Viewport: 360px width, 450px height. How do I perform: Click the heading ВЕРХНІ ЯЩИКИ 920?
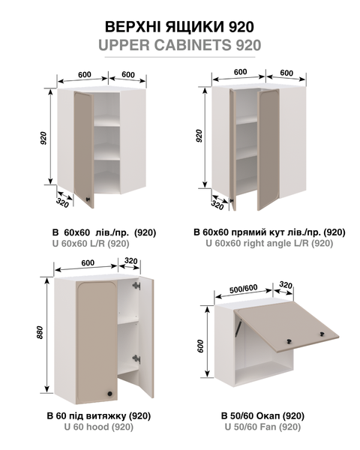coord(179,27)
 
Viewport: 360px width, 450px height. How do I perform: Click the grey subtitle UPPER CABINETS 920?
coord(180,45)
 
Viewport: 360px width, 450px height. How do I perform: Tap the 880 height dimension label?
coord(40,332)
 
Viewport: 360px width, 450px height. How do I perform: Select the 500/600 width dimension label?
coord(244,289)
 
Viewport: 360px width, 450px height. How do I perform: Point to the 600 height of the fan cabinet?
coord(200,346)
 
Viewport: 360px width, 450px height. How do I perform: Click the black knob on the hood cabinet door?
coord(109,394)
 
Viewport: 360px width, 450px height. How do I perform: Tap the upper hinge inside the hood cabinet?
coord(136,286)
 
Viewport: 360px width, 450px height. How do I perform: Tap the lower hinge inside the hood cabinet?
coord(136,358)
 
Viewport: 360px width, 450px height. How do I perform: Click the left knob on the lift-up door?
coord(289,341)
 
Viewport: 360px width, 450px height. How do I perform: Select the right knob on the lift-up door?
coord(322,334)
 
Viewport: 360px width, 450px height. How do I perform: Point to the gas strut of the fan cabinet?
coord(238,327)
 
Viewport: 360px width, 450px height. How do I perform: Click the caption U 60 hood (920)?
coord(99,427)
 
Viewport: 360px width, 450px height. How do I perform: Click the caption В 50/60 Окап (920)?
coord(262,415)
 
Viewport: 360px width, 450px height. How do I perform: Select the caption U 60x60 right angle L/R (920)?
coord(269,243)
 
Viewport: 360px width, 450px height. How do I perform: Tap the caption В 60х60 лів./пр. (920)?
coord(104,232)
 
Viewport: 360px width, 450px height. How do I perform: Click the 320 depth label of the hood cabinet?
coord(131,261)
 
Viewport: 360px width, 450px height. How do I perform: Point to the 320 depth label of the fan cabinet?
coord(286,285)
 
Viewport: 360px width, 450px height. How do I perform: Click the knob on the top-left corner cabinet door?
coord(88,199)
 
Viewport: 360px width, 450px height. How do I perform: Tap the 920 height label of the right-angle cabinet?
coord(199,136)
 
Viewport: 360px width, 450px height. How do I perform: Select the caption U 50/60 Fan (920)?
coord(262,427)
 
